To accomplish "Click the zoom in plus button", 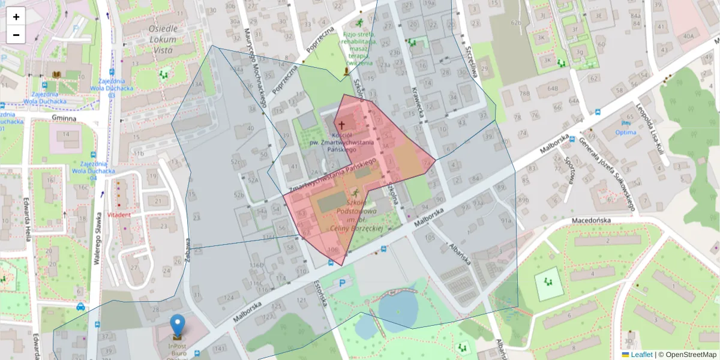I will pos(16,17).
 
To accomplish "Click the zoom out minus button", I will pos(16,35).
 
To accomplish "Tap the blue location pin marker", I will pos(177,326).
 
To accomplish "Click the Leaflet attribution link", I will pos(641,355).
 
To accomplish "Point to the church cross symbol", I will pos(341,125).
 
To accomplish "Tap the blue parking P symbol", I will pos(343,282).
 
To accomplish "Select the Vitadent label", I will pos(119,214).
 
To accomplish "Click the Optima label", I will pos(626,132).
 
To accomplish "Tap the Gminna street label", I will pos(64,118).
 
